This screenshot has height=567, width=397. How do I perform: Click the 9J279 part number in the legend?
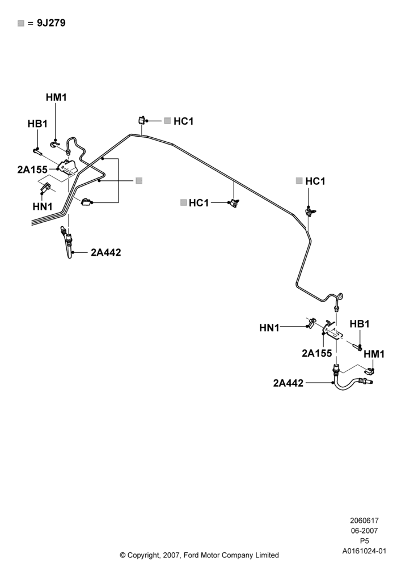pyautogui.click(x=51, y=23)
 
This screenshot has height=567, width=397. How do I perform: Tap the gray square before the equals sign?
pyautogui.click(x=20, y=23)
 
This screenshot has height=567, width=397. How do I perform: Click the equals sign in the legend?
pyautogui.click(x=31, y=23)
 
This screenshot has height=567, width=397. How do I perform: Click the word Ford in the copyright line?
pyautogui.click(x=191, y=555)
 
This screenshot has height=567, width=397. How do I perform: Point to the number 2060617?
pyautogui.click(x=364, y=521)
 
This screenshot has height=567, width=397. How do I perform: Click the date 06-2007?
pyautogui.click(x=364, y=531)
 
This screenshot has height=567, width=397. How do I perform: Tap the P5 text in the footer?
pyautogui.click(x=364, y=541)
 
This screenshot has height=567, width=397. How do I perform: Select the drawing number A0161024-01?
pyautogui.click(x=364, y=551)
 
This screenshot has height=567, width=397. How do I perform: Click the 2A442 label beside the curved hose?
pyautogui.click(x=288, y=383)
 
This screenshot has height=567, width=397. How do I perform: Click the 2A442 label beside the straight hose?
pyautogui.click(x=106, y=252)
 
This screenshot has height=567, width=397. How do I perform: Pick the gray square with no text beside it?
pyautogui.click(x=139, y=180)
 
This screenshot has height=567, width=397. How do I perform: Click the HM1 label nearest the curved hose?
pyautogui.click(x=374, y=354)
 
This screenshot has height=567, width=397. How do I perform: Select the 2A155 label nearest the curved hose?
pyautogui.click(x=316, y=353)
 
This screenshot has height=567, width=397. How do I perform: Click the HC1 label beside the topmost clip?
pyautogui.click(x=183, y=121)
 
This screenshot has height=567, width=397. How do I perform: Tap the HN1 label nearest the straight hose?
pyautogui.click(x=43, y=206)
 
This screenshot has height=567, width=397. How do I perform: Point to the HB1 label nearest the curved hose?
pyautogui.click(x=360, y=324)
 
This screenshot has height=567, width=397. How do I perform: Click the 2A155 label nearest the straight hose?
pyautogui.click(x=32, y=169)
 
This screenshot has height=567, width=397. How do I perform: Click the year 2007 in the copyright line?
pyautogui.click(x=170, y=555)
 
